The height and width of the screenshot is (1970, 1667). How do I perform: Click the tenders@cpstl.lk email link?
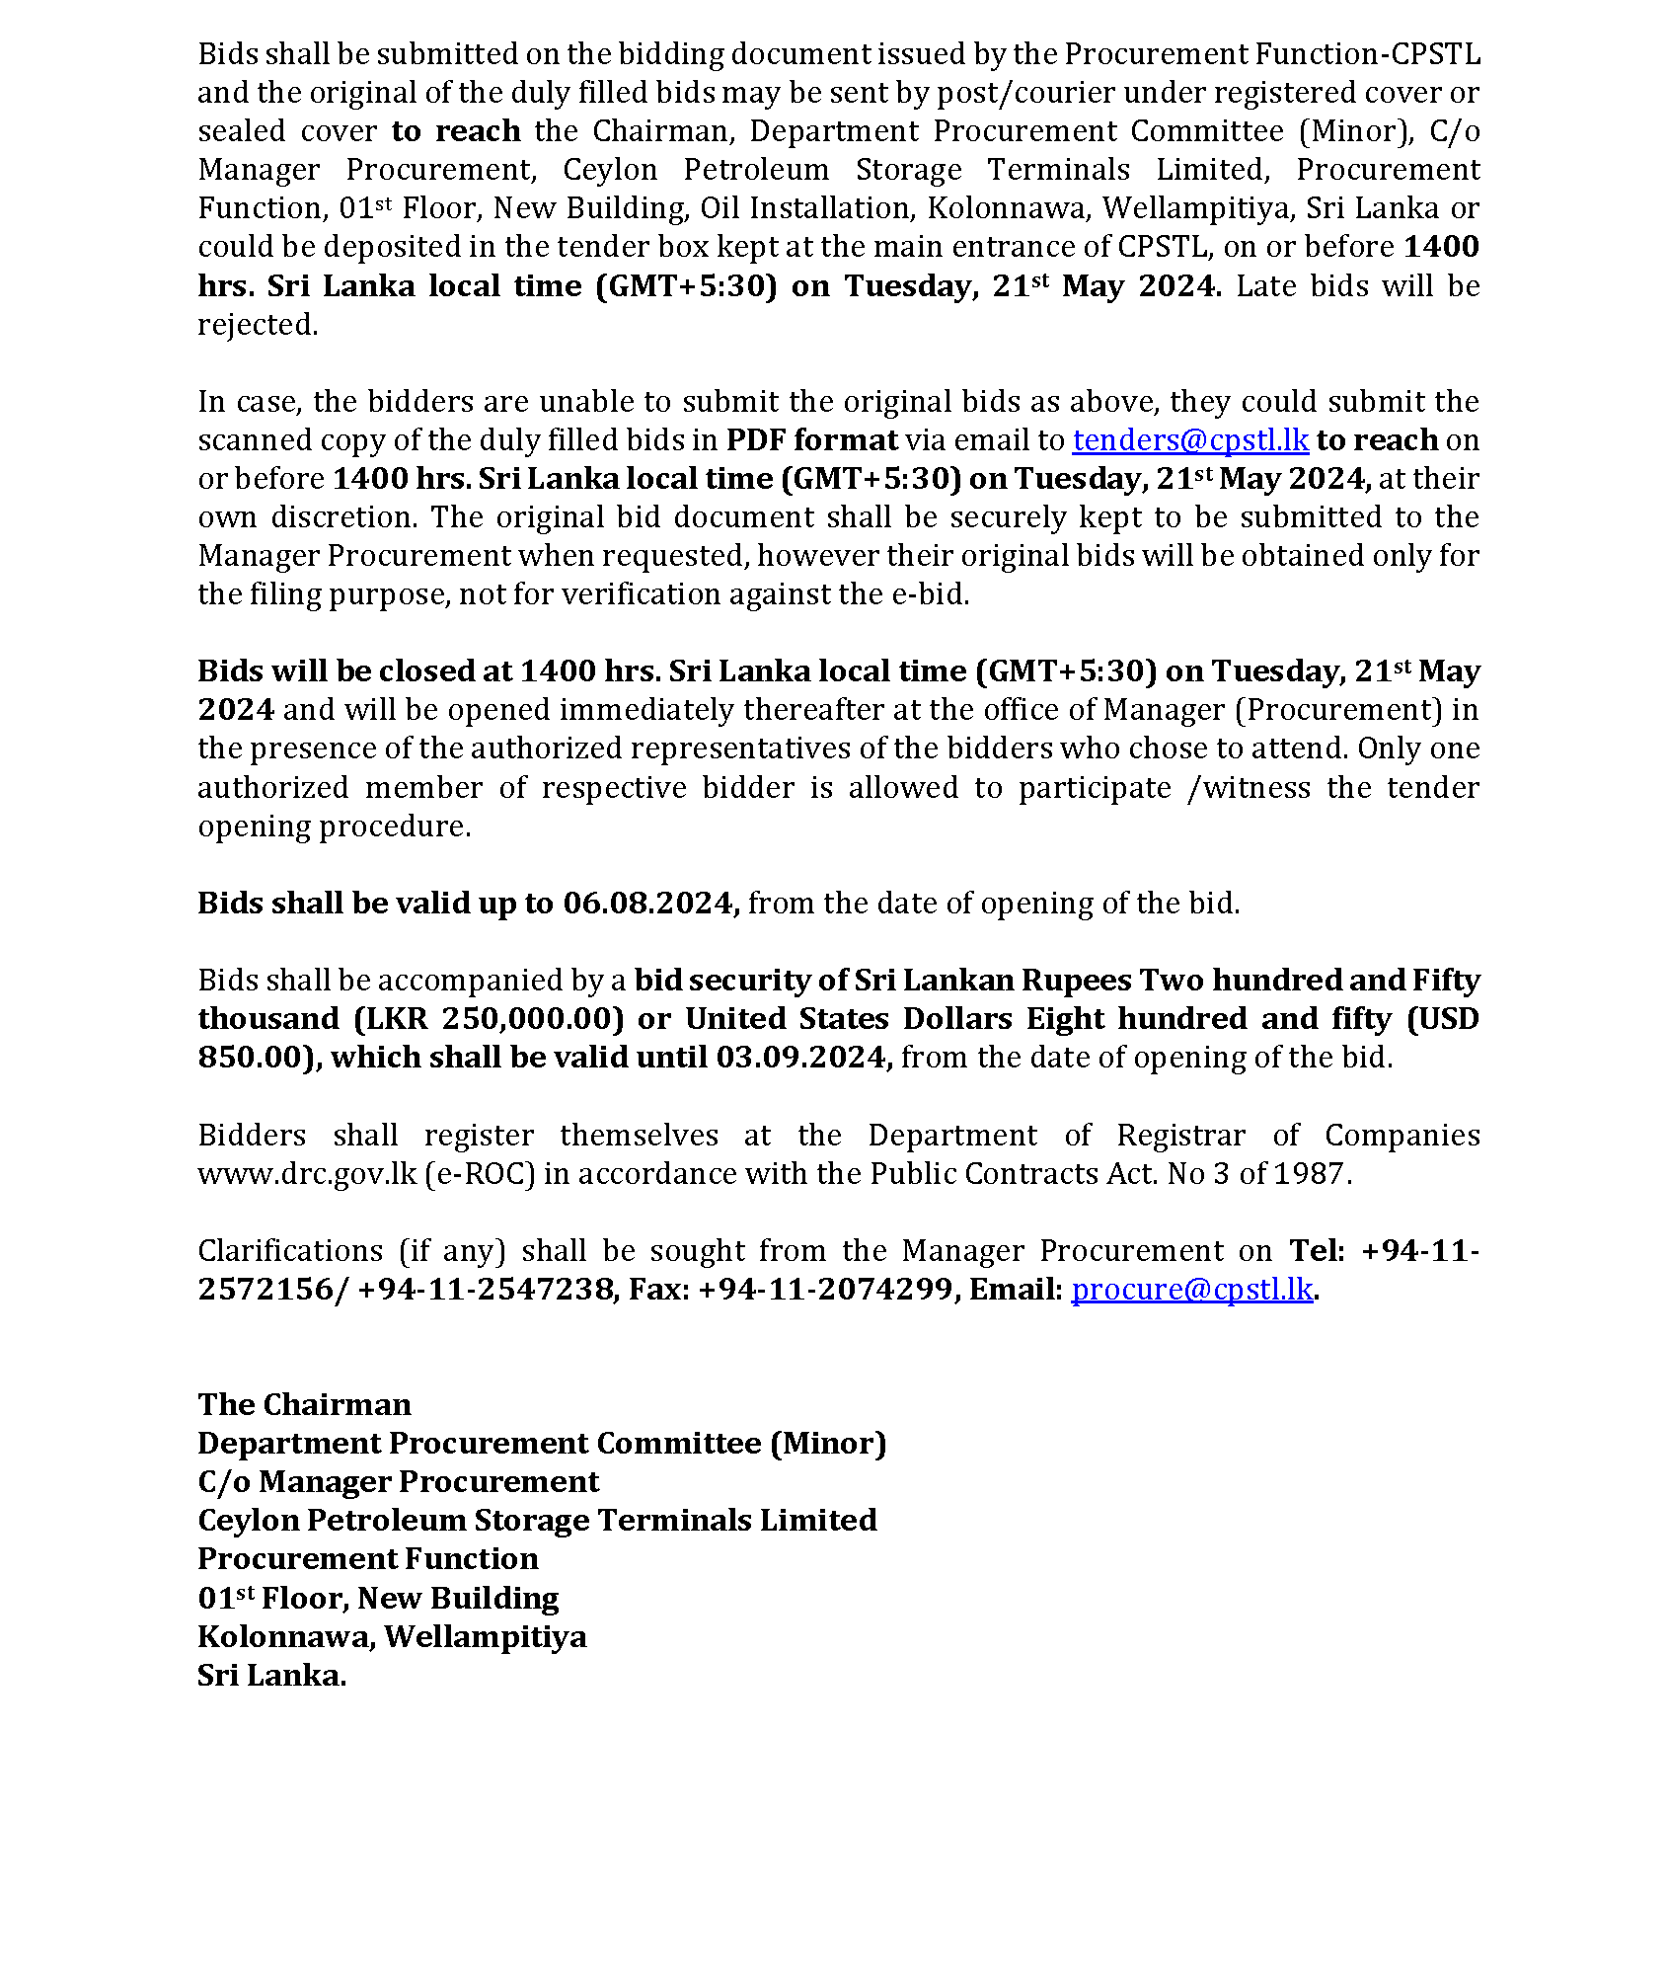tap(1189, 440)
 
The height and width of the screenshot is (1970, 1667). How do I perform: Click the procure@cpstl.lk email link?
tap(1191, 1290)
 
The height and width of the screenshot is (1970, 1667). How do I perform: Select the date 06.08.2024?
tap(649, 904)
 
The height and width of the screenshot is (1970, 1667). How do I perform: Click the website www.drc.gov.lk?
tap(307, 1174)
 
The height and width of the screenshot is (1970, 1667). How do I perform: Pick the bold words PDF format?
tap(811, 440)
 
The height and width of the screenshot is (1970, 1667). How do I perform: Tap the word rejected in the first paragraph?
tap(257, 325)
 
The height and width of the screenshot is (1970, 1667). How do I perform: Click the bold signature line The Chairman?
tap(304, 1405)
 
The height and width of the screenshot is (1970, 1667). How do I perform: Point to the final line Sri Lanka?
tap(271, 1676)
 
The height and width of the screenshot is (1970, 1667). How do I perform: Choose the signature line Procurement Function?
tap(368, 1559)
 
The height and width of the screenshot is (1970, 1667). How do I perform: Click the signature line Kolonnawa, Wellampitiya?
tap(392, 1637)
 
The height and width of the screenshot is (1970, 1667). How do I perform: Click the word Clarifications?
tap(290, 1251)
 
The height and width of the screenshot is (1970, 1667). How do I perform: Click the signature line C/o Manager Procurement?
tap(398, 1482)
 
